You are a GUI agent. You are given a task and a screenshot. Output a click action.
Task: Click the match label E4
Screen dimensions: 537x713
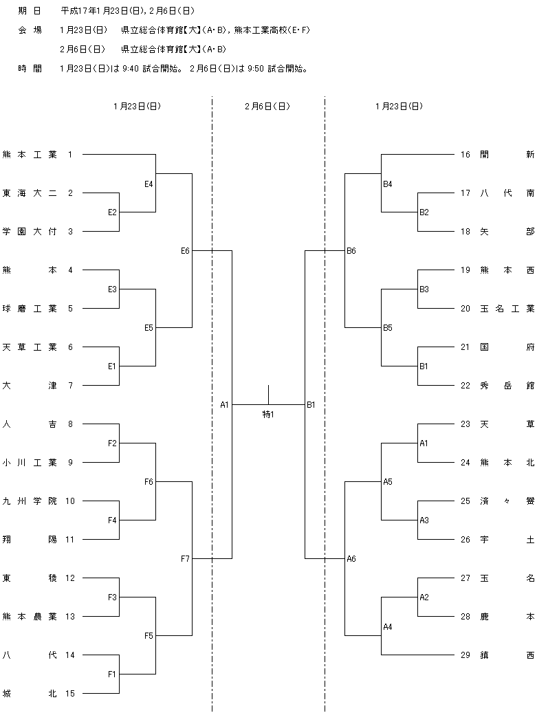click(x=149, y=184)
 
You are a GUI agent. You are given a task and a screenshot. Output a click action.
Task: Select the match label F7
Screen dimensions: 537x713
click(x=185, y=559)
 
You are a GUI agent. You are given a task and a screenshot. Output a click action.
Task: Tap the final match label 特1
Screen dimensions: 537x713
click(x=268, y=414)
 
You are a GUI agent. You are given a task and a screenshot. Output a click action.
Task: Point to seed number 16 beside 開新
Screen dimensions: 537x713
click(x=465, y=155)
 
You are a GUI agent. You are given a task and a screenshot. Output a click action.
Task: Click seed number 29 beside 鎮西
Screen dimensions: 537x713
click(x=465, y=655)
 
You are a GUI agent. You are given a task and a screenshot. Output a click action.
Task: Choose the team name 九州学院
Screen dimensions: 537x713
click(x=30, y=501)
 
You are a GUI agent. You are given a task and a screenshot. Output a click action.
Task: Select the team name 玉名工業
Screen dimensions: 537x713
click(x=507, y=309)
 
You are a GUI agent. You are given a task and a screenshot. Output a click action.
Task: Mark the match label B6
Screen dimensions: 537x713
click(x=351, y=250)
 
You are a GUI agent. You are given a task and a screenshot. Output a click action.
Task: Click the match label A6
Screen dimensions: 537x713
click(x=351, y=559)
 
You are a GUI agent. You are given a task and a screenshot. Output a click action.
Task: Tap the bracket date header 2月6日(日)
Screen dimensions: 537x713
click(x=267, y=107)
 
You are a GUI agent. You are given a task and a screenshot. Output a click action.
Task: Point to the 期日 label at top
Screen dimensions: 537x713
click(x=30, y=10)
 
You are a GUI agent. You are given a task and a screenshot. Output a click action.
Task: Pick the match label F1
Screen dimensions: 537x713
click(x=112, y=674)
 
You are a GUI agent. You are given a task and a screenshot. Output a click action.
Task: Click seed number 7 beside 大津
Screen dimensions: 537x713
click(x=71, y=386)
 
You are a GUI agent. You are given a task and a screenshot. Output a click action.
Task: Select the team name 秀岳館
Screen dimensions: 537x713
click(x=507, y=386)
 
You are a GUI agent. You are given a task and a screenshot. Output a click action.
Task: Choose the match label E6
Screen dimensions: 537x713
click(x=185, y=250)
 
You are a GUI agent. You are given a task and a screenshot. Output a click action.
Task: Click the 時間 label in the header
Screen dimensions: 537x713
click(x=30, y=69)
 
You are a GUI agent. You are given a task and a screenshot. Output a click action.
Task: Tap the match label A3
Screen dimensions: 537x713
click(x=424, y=520)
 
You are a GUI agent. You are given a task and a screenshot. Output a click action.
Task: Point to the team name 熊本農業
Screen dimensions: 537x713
click(x=30, y=617)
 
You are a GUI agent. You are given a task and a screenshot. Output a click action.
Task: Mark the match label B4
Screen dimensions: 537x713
click(x=387, y=184)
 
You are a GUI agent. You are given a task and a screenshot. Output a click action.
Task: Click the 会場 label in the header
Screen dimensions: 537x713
click(x=30, y=30)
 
